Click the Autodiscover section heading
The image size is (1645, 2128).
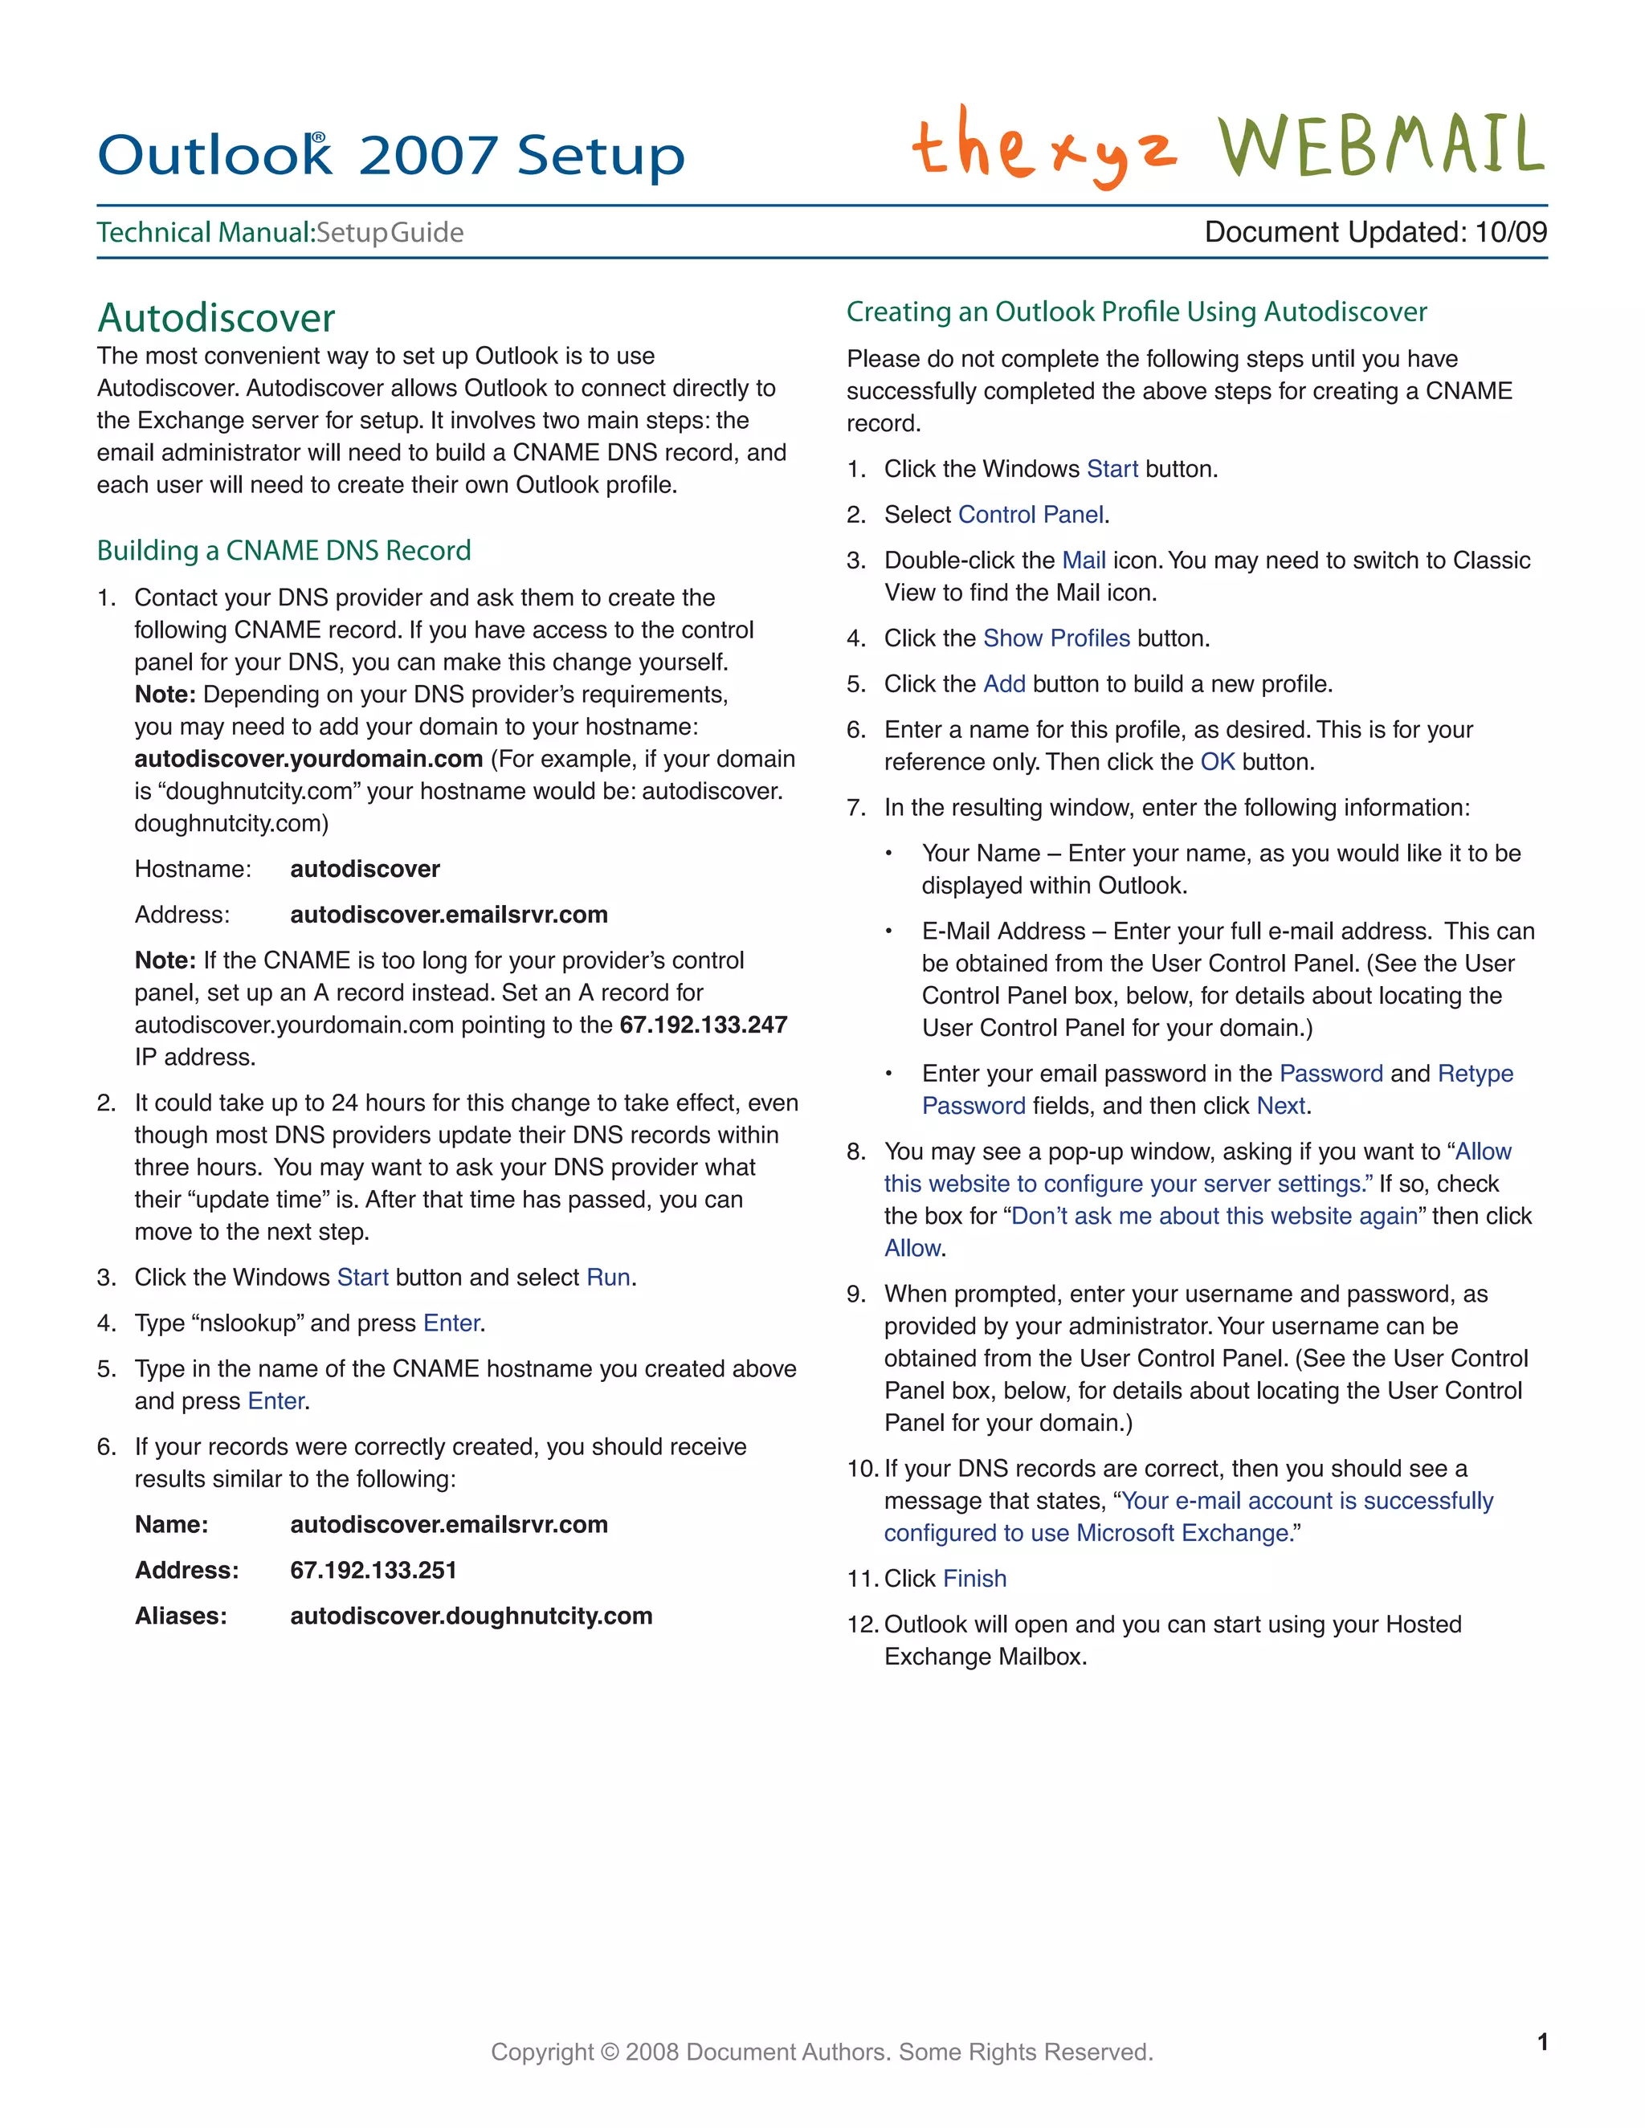(215, 318)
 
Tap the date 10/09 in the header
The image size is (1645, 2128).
(1511, 232)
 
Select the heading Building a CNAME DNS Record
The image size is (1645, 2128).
(284, 551)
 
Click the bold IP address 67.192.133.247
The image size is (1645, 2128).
(703, 1025)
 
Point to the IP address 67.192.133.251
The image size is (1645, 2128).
(373, 1570)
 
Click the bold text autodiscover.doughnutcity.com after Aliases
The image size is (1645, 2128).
(471, 1616)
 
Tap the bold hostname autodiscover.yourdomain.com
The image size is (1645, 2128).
(308, 759)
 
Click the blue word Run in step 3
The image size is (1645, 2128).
(608, 1278)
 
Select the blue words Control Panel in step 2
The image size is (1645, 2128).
(1031, 515)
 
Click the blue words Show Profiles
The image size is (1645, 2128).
(1056, 638)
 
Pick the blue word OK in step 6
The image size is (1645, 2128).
(1217, 762)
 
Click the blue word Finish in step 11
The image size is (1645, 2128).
(974, 1579)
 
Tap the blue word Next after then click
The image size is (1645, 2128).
(1280, 1106)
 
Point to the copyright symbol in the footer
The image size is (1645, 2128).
(610, 2052)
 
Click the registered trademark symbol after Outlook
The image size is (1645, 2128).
(319, 138)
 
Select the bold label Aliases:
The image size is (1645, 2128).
(182, 1616)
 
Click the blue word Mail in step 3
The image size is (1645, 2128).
(1083, 561)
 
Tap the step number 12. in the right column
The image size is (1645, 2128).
(863, 1625)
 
